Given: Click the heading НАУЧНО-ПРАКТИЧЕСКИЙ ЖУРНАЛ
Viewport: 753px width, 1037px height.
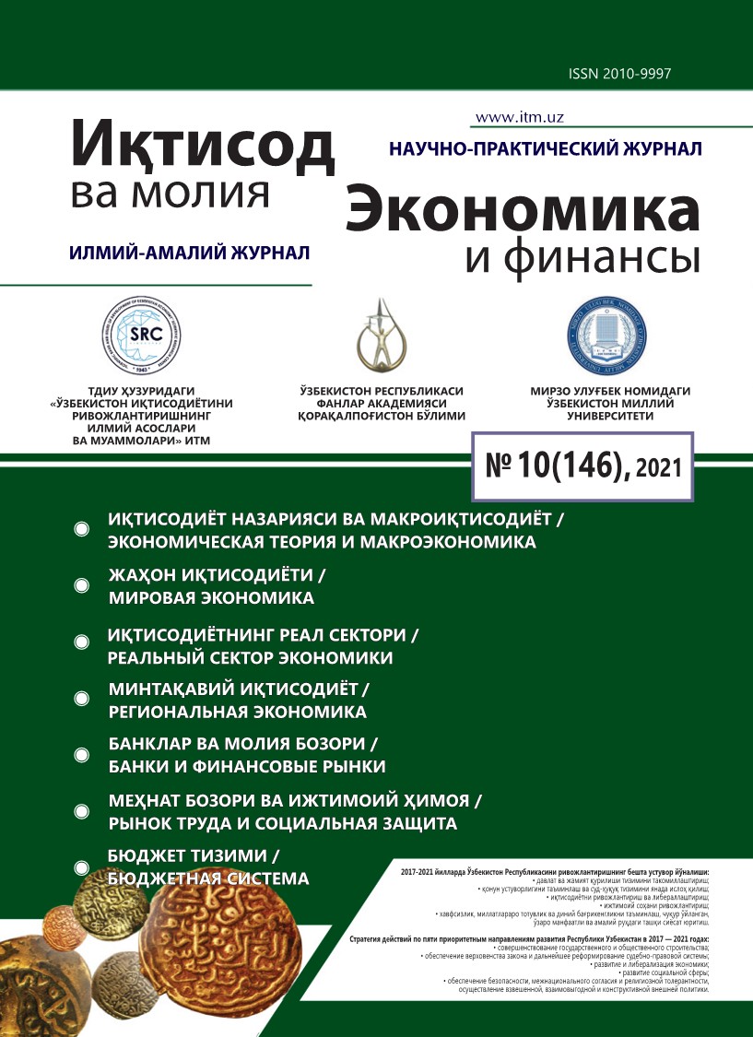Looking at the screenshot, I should coord(546,148).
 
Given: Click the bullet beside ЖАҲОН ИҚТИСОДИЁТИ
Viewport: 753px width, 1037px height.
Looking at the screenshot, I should coord(82,586).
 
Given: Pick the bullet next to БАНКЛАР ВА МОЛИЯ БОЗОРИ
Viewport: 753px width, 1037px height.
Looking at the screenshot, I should coord(82,755).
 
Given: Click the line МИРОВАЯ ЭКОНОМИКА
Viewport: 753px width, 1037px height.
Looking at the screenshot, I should coord(211,598).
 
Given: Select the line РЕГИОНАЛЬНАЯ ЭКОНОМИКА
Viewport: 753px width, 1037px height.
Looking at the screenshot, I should coord(238,712).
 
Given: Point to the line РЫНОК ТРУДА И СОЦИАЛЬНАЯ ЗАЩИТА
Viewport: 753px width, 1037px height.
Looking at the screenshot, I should coord(283,822).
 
